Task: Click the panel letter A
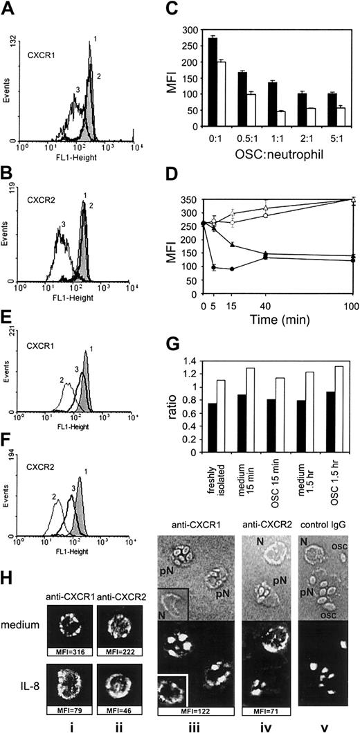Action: [8, 8]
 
